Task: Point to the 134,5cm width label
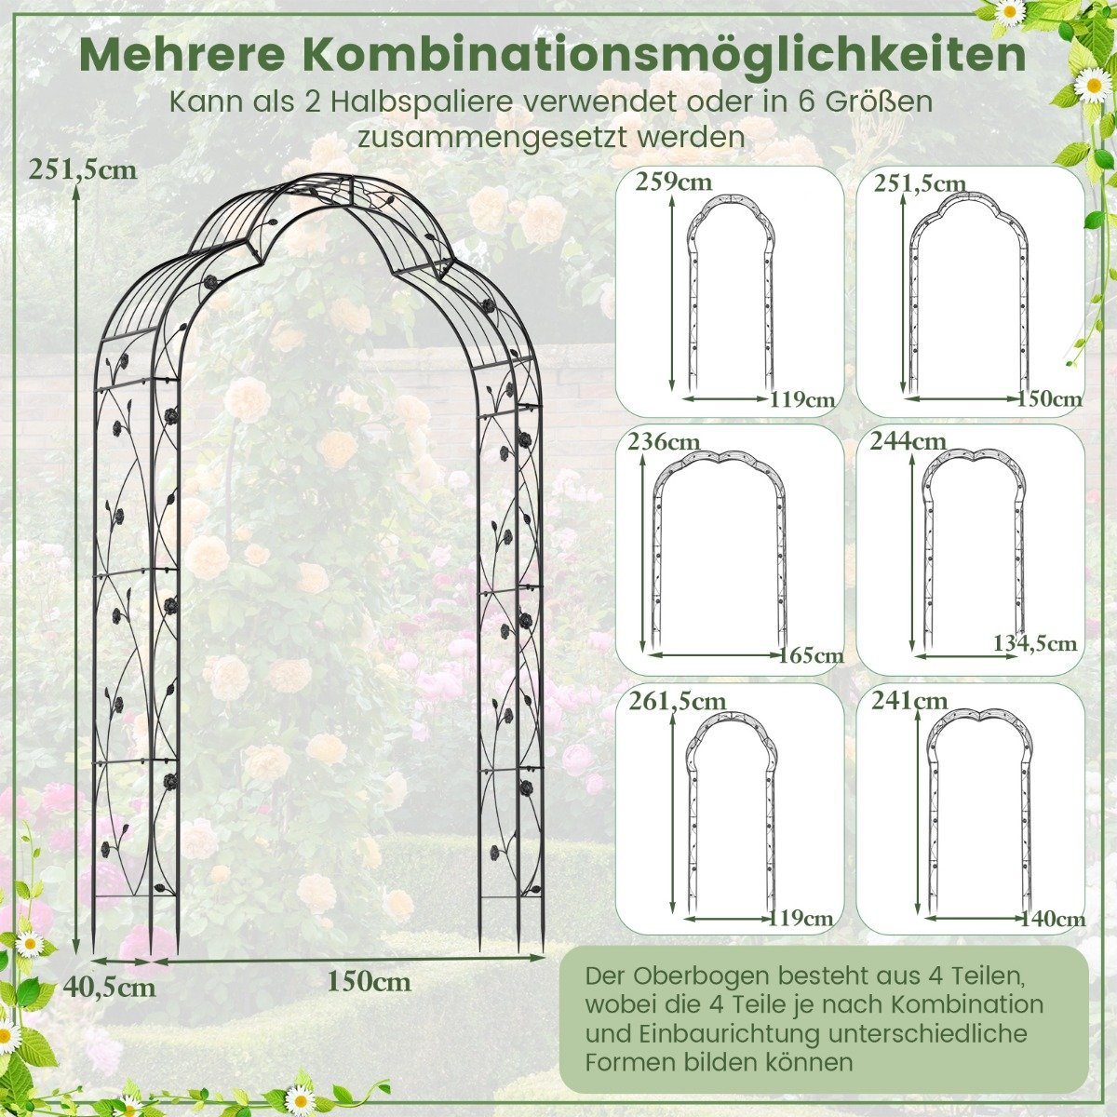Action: [1035, 643]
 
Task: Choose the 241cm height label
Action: [909, 701]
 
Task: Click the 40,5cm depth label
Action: [110, 986]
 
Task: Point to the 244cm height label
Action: [908, 442]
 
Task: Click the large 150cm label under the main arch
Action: [370, 981]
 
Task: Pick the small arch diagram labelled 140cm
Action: [930, 812]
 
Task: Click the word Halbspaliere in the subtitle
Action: [419, 102]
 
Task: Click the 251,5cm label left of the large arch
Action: [84, 169]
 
